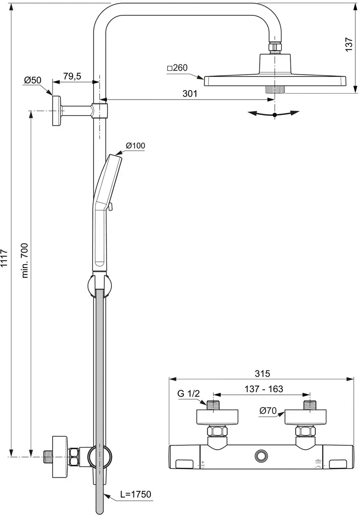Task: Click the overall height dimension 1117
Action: (x=4, y=258)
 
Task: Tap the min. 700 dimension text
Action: (x=25, y=261)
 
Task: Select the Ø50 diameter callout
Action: (x=33, y=80)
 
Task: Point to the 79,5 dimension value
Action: (x=72, y=76)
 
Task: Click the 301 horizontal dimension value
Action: (x=190, y=94)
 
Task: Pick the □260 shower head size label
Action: (x=177, y=68)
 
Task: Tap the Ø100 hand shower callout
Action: (x=135, y=146)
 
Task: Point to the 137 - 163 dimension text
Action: (x=264, y=389)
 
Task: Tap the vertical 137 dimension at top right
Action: (x=349, y=45)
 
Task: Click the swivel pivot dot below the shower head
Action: (x=274, y=115)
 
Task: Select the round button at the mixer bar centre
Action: (x=262, y=456)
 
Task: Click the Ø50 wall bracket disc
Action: (x=57, y=111)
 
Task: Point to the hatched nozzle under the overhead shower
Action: (x=275, y=90)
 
